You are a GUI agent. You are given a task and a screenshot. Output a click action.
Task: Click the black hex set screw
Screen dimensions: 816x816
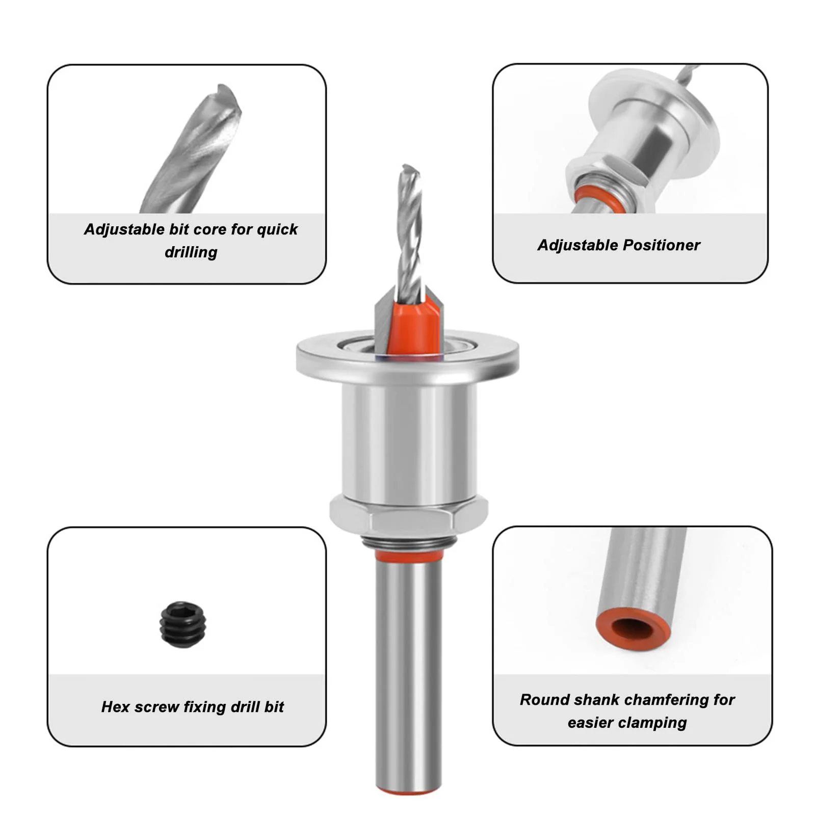pos(183,624)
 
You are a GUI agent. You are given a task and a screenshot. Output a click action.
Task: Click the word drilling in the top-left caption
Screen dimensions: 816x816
pos(191,252)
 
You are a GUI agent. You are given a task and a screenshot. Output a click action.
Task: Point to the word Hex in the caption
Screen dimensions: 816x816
pos(115,707)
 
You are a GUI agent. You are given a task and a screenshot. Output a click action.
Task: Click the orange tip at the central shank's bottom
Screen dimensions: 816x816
pos(408,789)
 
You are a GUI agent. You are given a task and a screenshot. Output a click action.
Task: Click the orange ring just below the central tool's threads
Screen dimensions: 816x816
pos(408,556)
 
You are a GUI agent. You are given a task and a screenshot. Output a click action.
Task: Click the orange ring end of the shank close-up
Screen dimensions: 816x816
pos(633,629)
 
